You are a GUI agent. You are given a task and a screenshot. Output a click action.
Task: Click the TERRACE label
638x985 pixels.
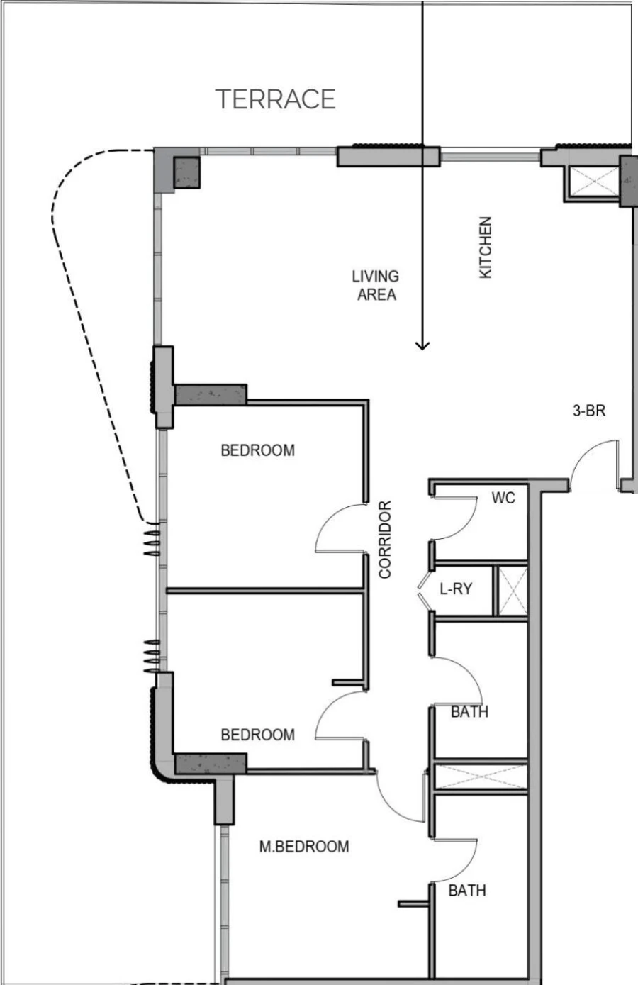coord(275,99)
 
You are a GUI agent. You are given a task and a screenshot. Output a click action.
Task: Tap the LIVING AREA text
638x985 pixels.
coord(376,285)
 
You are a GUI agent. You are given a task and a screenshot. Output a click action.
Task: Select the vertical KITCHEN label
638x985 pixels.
coord(486,247)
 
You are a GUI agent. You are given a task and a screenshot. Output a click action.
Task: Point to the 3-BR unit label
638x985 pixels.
coord(589,410)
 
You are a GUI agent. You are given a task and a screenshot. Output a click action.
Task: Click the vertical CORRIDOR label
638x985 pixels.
coord(385,539)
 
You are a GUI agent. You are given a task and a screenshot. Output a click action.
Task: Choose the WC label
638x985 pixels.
coord(503,499)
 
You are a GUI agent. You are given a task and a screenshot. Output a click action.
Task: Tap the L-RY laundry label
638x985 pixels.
coord(455,589)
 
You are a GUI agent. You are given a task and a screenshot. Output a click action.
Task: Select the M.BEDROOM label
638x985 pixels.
coord(303,846)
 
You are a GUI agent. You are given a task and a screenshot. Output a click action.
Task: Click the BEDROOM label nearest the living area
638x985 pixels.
coord(257,450)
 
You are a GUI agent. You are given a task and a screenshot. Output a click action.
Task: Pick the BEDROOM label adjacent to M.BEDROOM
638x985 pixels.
coord(257,735)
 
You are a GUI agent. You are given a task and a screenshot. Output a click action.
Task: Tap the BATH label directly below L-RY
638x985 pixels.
coord(469,711)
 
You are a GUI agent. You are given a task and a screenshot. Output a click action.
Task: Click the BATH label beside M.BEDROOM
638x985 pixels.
coord(467,890)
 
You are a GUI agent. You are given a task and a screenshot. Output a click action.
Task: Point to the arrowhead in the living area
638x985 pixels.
coord(422,345)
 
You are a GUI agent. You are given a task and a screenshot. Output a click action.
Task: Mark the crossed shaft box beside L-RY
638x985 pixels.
coord(510,591)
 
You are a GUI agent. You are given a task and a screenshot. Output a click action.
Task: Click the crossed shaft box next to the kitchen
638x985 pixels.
coord(593,182)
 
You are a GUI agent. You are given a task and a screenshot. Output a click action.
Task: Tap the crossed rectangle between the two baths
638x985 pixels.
coord(481,777)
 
